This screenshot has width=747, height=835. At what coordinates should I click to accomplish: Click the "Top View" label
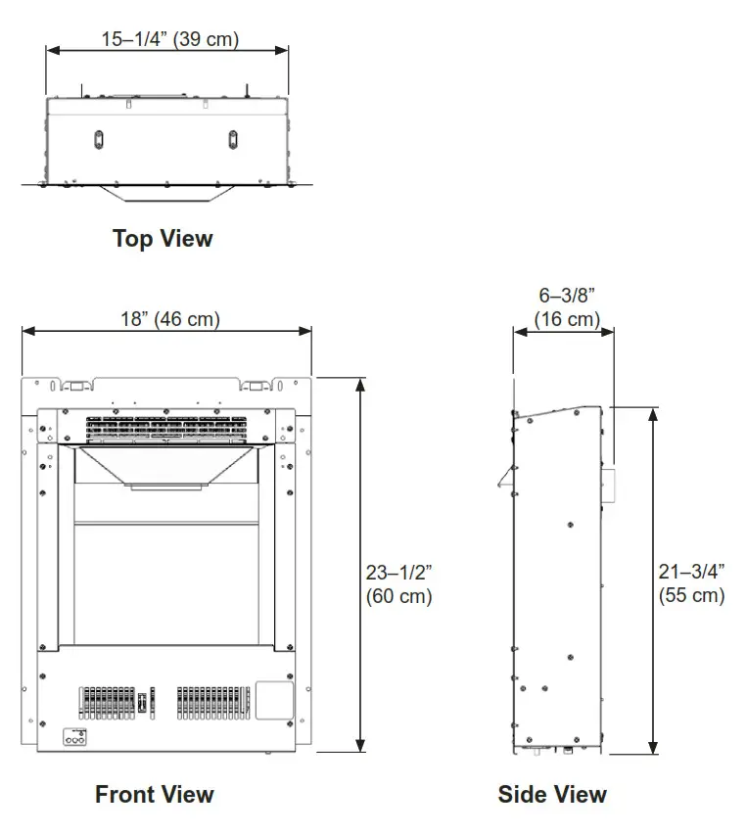(163, 238)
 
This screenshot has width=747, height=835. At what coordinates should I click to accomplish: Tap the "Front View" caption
(154, 794)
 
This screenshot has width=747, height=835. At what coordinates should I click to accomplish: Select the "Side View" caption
(552, 794)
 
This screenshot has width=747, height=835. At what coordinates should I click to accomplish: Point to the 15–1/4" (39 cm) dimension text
(170, 39)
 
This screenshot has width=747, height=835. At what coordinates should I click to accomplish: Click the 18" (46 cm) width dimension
(168, 318)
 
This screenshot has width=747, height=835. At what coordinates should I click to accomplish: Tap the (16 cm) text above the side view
(567, 319)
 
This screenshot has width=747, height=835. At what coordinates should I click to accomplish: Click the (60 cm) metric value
(398, 596)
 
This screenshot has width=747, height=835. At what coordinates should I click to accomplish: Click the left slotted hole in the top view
(97, 139)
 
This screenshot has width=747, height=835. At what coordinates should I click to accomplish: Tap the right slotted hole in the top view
(233, 139)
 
